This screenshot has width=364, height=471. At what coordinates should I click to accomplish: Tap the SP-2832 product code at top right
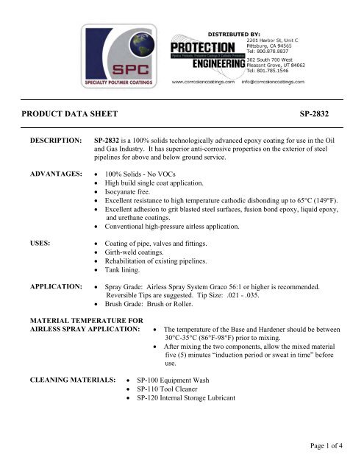[318, 116]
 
